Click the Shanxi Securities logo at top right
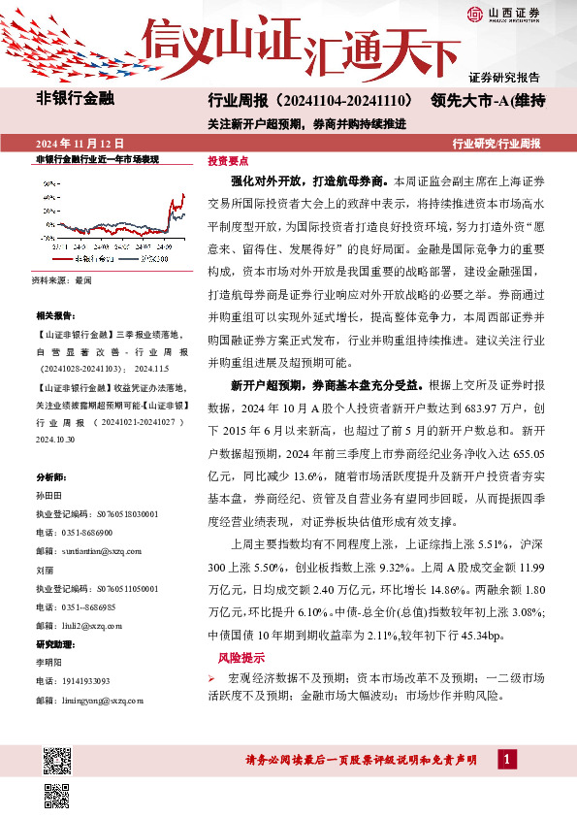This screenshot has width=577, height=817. click(x=504, y=13)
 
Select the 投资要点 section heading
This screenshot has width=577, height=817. click(x=229, y=161)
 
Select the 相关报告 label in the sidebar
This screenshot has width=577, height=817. click(x=54, y=316)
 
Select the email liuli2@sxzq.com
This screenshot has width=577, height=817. click(x=79, y=626)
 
